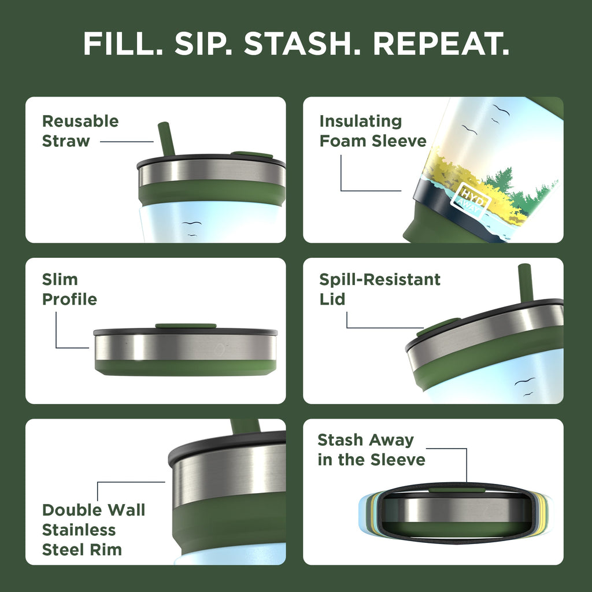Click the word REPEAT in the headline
[441, 43]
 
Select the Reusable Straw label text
[80, 131]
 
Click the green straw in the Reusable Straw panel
[166, 139]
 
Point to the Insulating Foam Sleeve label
[372, 131]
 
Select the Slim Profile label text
[69, 289]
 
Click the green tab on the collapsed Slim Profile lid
[186, 326]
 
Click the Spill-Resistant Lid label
[379, 289]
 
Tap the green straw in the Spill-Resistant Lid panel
[525, 282]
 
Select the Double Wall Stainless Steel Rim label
[93, 530]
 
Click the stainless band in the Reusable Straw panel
[212, 171]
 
